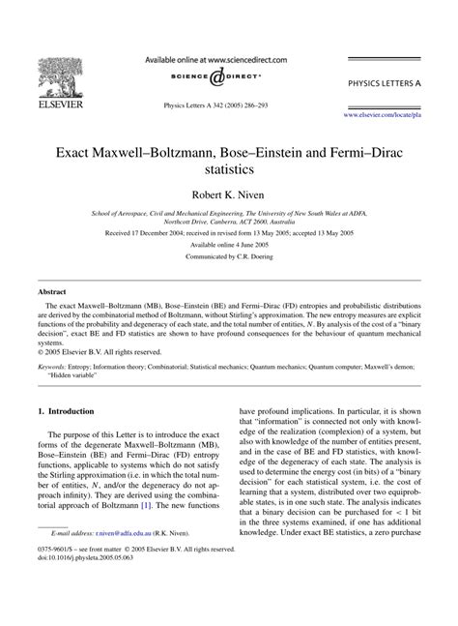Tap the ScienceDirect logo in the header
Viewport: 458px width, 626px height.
(x=228, y=76)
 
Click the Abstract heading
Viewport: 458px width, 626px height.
(x=52, y=290)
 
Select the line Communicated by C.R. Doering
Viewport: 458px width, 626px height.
(x=229, y=260)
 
